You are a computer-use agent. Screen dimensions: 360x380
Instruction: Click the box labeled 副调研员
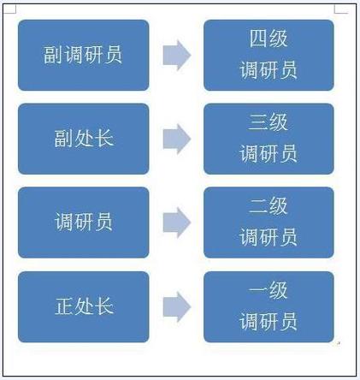coord(84,55)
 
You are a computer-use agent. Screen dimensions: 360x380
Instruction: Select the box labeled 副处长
coord(84,139)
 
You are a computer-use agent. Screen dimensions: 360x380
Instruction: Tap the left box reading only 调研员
coord(84,223)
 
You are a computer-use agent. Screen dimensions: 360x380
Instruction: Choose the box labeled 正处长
coord(84,306)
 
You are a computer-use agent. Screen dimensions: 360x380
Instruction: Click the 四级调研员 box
coord(269,55)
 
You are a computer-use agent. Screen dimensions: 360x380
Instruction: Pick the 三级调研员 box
coord(269,139)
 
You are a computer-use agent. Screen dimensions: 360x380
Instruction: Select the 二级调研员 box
coord(269,223)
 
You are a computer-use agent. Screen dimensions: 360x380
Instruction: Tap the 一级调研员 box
coord(269,306)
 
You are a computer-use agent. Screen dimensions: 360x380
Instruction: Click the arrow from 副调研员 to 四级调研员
coord(177,55)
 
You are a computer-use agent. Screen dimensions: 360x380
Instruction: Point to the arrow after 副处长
coord(177,139)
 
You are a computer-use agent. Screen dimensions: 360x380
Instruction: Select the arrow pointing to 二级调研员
coord(177,223)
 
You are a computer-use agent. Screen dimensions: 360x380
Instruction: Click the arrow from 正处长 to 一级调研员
coord(177,307)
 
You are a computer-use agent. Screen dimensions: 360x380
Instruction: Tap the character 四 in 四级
coord(258,39)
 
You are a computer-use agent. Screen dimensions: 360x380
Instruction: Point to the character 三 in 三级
coord(258,122)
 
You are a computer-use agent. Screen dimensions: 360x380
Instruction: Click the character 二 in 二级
coord(258,206)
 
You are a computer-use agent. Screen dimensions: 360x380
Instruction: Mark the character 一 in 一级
coord(258,290)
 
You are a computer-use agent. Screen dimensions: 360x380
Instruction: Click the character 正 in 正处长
coord(64,306)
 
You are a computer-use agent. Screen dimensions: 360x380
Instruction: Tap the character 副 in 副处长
coord(63,139)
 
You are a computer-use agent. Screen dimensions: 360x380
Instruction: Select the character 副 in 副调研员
coord(53,55)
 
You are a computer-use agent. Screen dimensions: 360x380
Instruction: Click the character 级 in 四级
coord(279,39)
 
